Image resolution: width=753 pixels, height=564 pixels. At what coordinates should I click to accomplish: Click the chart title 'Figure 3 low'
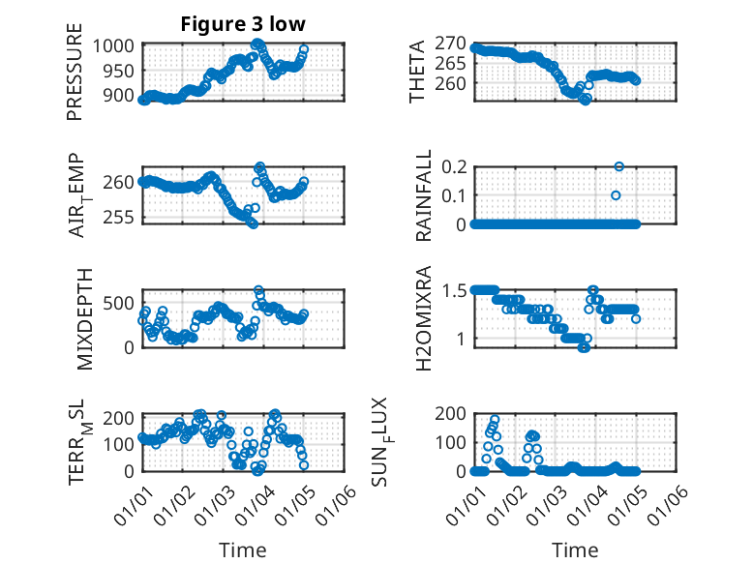click(x=243, y=25)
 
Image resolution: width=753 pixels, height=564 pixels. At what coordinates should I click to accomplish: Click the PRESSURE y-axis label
click(x=75, y=73)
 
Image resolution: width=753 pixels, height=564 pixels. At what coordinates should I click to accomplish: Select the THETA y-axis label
click(x=416, y=73)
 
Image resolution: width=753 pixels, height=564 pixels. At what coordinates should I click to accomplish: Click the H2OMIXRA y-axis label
click(x=423, y=317)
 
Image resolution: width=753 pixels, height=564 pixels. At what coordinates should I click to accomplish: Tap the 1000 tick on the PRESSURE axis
click(x=117, y=45)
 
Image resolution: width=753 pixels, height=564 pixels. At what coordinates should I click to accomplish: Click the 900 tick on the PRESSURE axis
click(x=122, y=96)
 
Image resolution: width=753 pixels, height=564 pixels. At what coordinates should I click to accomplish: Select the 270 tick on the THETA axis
click(x=451, y=44)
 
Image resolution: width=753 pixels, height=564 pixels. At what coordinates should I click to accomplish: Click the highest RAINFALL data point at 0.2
click(x=619, y=166)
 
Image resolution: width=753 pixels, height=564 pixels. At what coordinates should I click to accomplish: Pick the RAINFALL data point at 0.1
click(x=616, y=195)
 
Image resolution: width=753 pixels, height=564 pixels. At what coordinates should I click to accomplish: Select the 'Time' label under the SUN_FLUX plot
click(x=575, y=550)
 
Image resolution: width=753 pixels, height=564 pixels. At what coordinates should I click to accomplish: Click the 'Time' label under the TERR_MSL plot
click(x=243, y=550)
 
